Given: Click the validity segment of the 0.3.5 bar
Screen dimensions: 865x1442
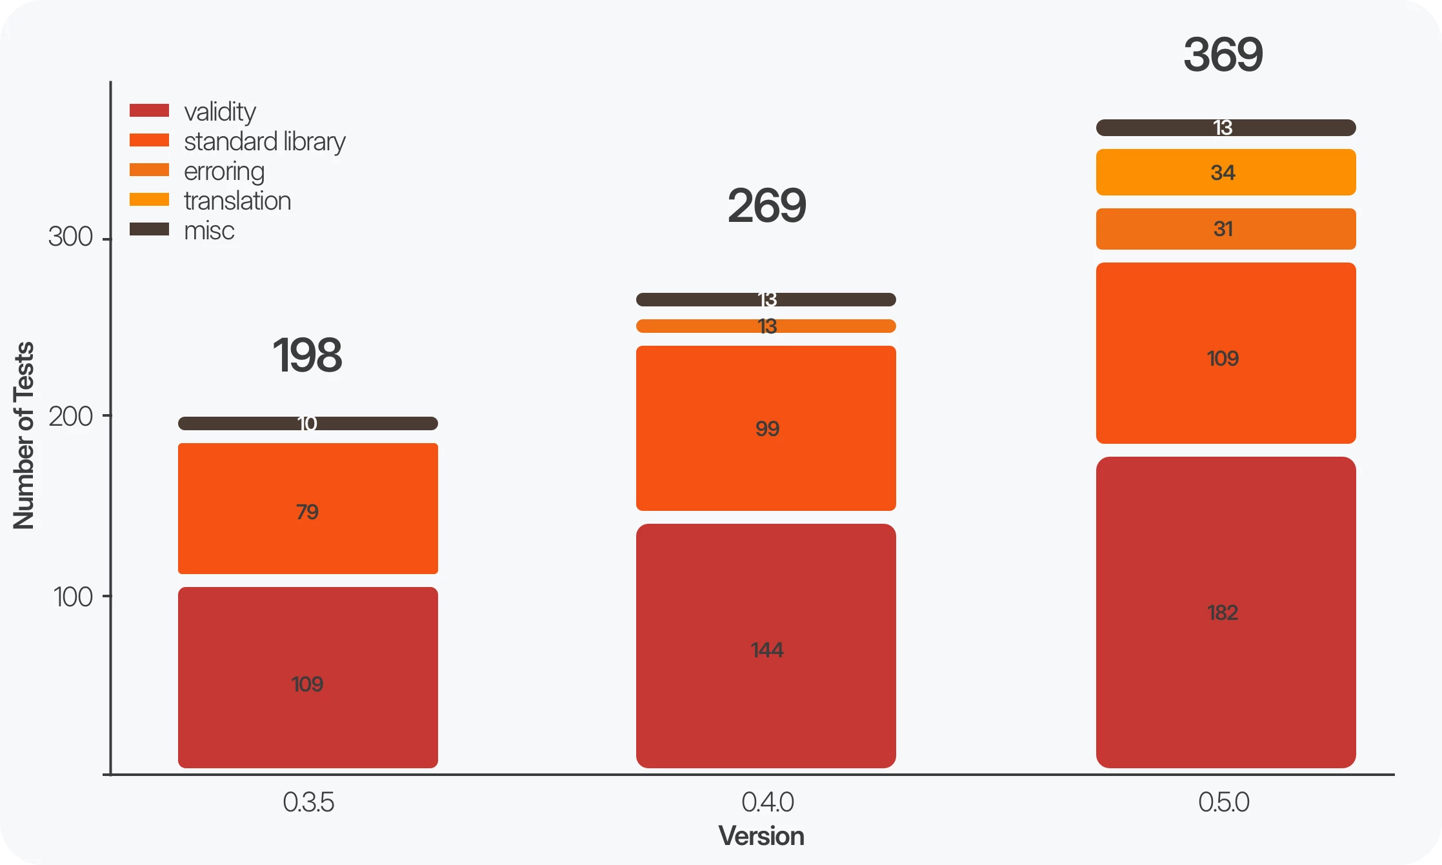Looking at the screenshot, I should tap(308, 677).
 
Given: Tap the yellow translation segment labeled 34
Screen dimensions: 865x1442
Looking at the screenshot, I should tap(1225, 172).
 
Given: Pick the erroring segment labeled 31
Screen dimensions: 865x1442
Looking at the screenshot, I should tap(1225, 229).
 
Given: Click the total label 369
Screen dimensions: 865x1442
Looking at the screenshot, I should tap(1223, 55).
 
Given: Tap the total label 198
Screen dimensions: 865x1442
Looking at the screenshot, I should tap(307, 355).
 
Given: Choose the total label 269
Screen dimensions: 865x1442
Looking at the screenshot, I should tap(766, 206).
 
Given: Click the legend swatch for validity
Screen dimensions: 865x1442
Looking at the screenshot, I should tap(149, 111).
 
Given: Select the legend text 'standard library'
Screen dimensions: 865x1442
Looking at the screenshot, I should tap(265, 142).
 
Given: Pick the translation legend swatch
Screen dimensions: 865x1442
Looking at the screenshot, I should tap(149, 200).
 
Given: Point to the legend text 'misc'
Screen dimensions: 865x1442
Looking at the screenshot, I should tap(209, 231).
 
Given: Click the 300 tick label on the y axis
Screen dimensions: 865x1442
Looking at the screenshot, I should tap(70, 237).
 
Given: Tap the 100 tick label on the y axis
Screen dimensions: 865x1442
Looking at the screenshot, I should tap(73, 597).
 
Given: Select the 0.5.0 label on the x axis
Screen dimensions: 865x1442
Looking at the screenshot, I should tap(1223, 802).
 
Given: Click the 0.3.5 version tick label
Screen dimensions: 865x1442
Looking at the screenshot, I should tap(308, 802).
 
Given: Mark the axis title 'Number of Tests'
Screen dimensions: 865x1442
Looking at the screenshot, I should tap(24, 435).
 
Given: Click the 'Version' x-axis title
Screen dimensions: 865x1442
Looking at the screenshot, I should tap(761, 837).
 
